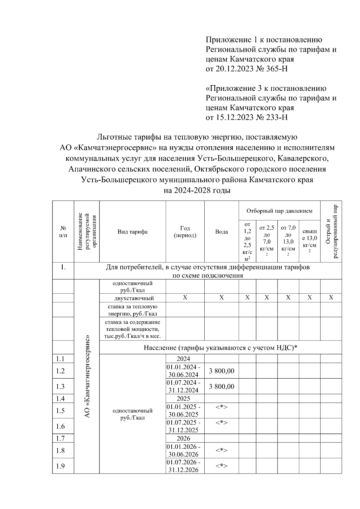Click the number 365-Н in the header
(277, 69)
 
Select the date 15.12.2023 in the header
(232, 117)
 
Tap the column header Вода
(221, 232)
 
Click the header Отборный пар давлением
(279, 211)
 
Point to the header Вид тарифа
(132, 232)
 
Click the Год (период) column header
(185, 232)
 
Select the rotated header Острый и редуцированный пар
(331, 231)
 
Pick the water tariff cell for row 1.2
(221, 371)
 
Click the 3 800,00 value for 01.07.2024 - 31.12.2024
(221, 386)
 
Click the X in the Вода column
(221, 298)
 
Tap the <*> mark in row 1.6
(221, 423)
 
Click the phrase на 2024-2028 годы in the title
(197, 191)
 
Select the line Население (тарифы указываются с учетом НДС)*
(220, 348)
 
